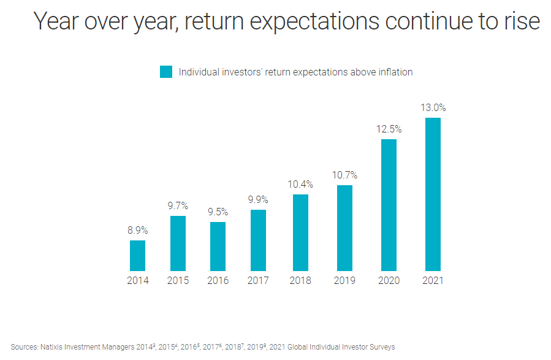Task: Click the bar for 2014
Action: point(137,255)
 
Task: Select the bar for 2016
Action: point(218,246)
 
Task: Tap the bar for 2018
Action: point(300,232)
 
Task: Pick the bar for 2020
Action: point(389,205)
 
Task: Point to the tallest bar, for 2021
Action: point(433,194)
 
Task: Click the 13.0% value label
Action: point(433,108)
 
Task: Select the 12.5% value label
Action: point(389,129)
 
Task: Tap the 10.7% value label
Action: point(344,175)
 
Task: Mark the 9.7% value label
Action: point(178,206)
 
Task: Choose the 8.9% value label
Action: point(137,231)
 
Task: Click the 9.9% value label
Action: point(258,200)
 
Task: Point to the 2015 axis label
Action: point(178,281)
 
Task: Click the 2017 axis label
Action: point(258,281)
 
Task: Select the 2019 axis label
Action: point(344,281)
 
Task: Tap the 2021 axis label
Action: point(433,281)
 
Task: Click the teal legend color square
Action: point(166,72)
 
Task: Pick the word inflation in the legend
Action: point(393,72)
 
